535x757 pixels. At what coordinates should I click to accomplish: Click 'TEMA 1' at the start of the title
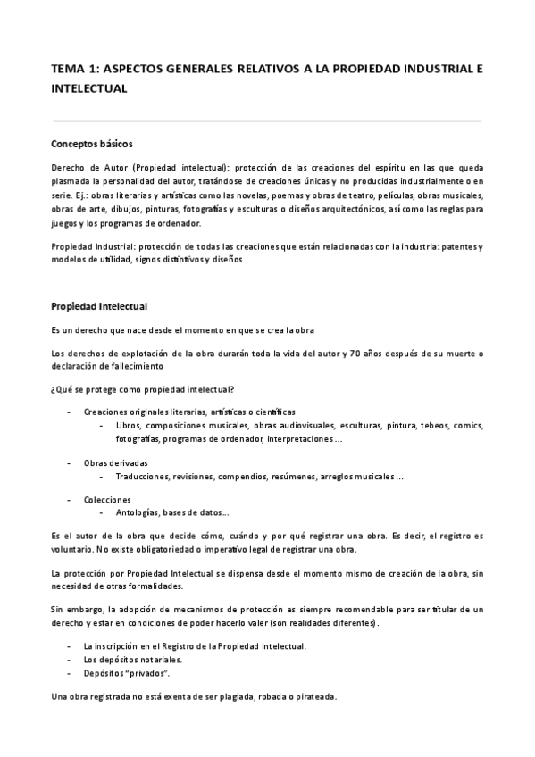click(73, 69)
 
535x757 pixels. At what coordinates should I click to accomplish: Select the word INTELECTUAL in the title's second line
click(89, 88)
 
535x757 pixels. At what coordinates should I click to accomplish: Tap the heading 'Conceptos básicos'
click(92, 143)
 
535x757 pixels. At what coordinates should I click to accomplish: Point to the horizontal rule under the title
click(267, 121)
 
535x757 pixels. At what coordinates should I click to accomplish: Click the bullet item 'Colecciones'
click(107, 499)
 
